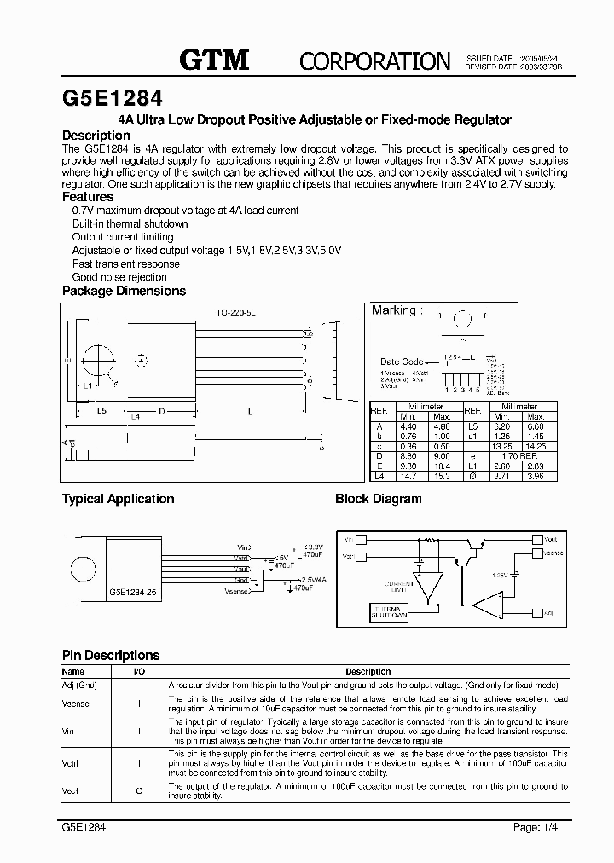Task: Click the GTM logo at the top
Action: click(213, 59)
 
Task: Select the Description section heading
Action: click(96, 135)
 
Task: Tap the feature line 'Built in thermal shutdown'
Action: click(130, 223)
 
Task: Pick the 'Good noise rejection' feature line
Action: click(119, 277)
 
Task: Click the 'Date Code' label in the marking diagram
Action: click(402, 362)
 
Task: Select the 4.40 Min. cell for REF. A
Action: click(408, 426)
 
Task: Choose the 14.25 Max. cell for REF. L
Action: click(536, 445)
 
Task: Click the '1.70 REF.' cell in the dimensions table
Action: click(518, 455)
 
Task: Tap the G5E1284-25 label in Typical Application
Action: click(132, 590)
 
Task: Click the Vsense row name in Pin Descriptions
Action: click(76, 704)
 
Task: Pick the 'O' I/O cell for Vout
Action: click(138, 791)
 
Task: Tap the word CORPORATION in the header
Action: click(374, 61)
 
